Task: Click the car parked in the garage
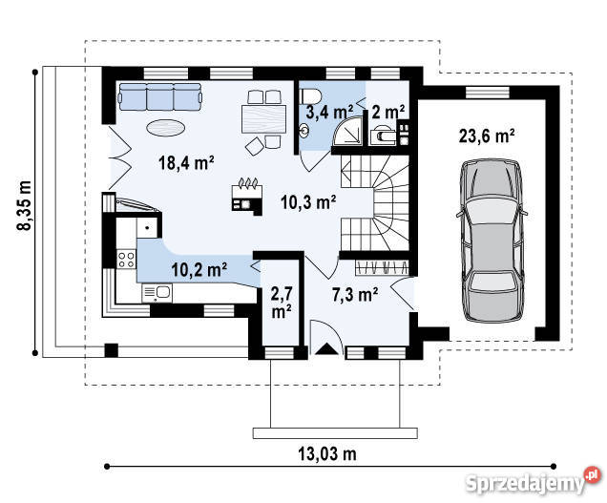[x=492, y=241]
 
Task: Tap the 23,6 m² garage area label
[x=487, y=136]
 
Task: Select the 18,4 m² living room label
[x=186, y=163]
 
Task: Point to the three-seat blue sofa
[x=160, y=96]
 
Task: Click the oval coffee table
[x=166, y=127]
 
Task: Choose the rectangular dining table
[x=264, y=119]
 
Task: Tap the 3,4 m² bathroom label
[x=329, y=112]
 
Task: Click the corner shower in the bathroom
[x=348, y=131]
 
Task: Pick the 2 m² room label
[x=388, y=112]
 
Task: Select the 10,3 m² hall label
[x=308, y=201]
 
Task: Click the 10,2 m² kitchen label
[x=199, y=269]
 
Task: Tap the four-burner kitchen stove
[x=126, y=259]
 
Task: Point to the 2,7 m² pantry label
[x=282, y=303]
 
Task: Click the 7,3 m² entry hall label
[x=355, y=295]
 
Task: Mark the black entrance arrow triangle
[x=327, y=349]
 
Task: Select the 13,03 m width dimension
[x=327, y=453]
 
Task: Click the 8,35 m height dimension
[x=25, y=205]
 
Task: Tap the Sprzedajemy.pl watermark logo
[x=534, y=481]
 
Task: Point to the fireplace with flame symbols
[x=247, y=198]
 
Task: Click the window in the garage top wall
[x=488, y=93]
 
